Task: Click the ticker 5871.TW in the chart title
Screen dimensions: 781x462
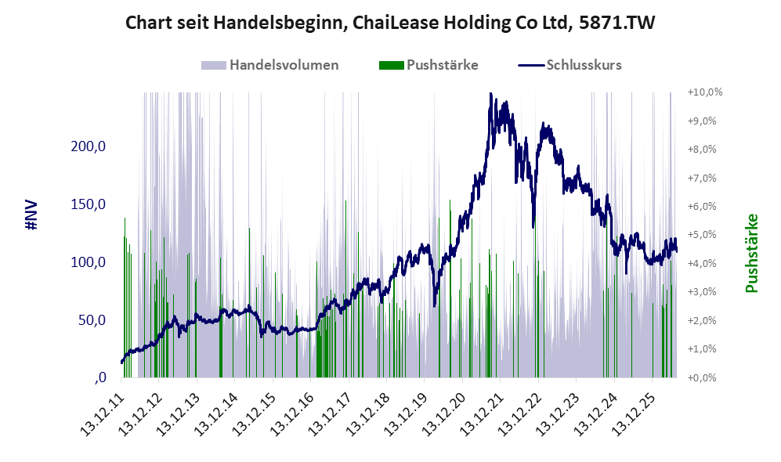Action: tap(616, 23)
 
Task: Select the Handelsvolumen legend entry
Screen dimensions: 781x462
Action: tap(270, 65)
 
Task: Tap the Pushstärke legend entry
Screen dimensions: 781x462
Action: tap(428, 65)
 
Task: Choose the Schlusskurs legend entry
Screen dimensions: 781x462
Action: tap(569, 65)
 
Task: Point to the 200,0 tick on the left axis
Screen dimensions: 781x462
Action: tap(89, 146)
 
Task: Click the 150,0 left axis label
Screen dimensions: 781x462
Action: tap(89, 204)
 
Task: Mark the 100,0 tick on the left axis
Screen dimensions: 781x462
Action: tap(89, 262)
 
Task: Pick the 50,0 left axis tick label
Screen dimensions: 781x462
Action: tap(92, 319)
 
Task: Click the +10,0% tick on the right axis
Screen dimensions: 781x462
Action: tap(705, 92)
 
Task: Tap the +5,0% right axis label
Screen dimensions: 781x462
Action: tap(702, 234)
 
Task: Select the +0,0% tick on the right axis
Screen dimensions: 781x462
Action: tap(702, 377)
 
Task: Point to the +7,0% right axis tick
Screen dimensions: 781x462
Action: tap(702, 178)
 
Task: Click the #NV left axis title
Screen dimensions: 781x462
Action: tap(32, 215)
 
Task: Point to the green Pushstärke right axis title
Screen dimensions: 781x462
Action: tap(751, 253)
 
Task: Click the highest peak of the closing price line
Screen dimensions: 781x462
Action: tap(490, 93)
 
